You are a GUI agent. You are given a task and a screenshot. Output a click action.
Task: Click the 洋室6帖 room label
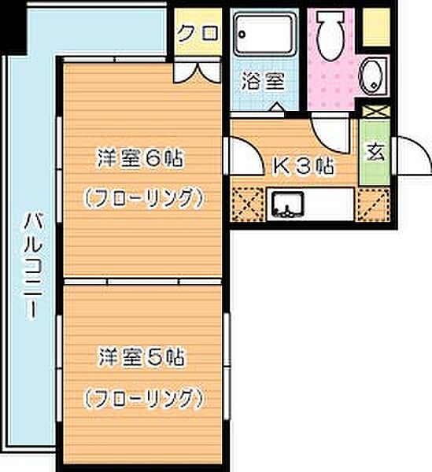pos(139,158)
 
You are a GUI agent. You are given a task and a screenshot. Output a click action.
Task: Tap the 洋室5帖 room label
pos(141,357)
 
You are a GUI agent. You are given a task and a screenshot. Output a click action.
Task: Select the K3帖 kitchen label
pos(303,167)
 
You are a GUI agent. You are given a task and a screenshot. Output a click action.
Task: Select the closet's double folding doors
pos(197,72)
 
